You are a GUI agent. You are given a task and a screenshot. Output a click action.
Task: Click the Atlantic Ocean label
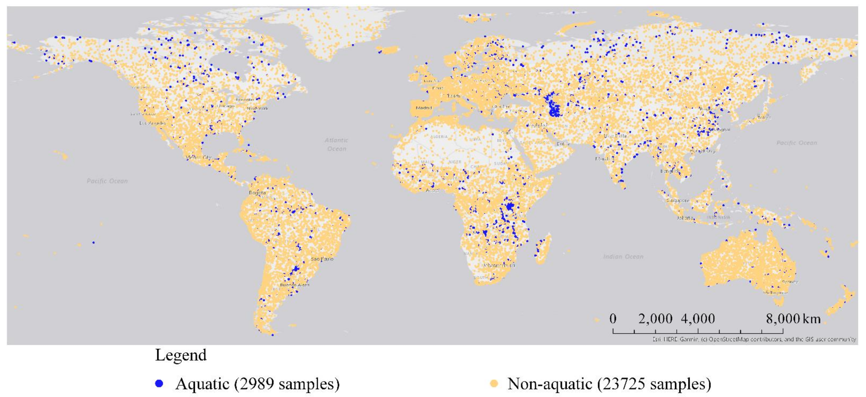[x=336, y=144]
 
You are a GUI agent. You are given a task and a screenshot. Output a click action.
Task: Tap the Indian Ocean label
[x=623, y=257]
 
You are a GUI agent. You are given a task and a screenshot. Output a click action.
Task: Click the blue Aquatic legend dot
[x=159, y=383]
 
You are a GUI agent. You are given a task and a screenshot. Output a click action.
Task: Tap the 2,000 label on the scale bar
[x=655, y=318]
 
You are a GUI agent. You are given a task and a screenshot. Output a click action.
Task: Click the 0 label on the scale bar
[x=613, y=318]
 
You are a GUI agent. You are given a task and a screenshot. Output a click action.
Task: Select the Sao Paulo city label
[x=322, y=259]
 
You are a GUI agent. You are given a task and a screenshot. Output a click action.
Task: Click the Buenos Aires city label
[x=295, y=285]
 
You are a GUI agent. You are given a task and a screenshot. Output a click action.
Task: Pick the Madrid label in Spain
[x=424, y=108]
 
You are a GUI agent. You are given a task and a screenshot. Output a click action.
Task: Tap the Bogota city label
[x=257, y=193]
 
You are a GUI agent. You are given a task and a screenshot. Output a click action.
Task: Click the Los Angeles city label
[x=153, y=123]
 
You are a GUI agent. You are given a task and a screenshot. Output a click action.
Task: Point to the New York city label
[x=258, y=108]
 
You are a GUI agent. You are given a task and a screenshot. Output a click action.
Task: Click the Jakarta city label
[x=685, y=218]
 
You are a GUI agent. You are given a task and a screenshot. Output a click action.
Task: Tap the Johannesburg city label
[x=499, y=265]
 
